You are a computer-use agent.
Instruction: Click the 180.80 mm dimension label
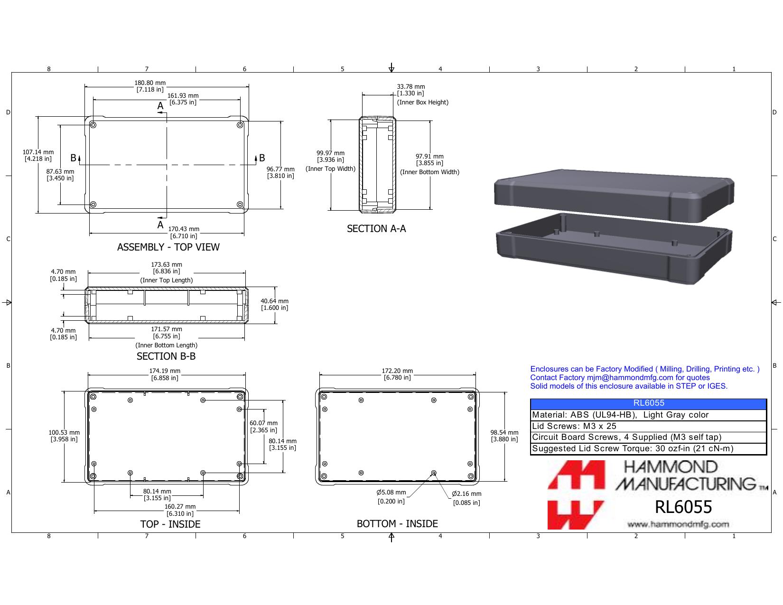pyautogui.click(x=150, y=86)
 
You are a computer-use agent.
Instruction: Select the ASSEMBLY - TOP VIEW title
pyautogui.click(x=168, y=247)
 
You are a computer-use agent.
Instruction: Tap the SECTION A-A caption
pyautogui.click(x=376, y=228)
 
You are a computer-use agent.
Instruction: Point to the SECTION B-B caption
pyautogui.click(x=166, y=356)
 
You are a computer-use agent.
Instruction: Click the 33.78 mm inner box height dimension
pyautogui.click(x=411, y=90)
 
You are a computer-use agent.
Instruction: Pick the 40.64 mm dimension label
pyautogui.click(x=275, y=305)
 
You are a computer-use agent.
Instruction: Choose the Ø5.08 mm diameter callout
pyautogui.click(x=391, y=496)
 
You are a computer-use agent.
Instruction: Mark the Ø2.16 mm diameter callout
pyautogui.click(x=466, y=498)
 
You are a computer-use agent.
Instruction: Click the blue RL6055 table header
pyautogui.click(x=648, y=403)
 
